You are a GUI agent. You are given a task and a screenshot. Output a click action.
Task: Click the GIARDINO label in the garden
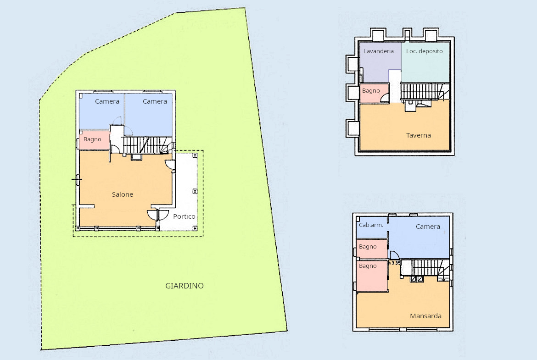(x=184, y=286)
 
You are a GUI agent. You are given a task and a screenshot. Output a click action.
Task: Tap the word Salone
(x=122, y=194)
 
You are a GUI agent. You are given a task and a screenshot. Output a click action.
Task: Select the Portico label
(x=184, y=216)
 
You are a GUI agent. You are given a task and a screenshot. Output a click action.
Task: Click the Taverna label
(x=419, y=135)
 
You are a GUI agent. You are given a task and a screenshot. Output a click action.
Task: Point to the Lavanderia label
(x=379, y=51)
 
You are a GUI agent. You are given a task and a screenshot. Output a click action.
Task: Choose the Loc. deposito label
(x=425, y=51)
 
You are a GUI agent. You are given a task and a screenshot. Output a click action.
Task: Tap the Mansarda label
(x=425, y=316)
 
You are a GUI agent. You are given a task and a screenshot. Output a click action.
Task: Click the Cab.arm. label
(x=371, y=225)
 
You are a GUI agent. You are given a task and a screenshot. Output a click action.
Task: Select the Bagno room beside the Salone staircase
(x=94, y=140)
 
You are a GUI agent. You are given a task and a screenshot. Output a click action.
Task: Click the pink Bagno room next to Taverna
(x=375, y=93)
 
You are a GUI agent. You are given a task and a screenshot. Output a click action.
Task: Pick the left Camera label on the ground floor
(x=107, y=101)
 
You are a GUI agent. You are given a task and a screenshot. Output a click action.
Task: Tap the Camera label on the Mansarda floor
(x=428, y=227)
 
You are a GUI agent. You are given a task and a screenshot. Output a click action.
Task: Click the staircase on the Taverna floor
(x=425, y=91)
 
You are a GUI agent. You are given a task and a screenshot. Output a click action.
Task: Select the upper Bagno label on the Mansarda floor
(x=368, y=246)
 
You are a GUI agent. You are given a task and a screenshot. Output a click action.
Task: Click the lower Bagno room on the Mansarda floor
(x=372, y=276)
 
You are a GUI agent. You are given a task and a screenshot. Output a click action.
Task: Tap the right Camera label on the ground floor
(x=155, y=101)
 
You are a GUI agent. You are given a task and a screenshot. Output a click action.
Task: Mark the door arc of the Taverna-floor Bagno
(x=385, y=99)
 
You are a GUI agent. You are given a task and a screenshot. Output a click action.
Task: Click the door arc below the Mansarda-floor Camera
(x=395, y=255)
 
